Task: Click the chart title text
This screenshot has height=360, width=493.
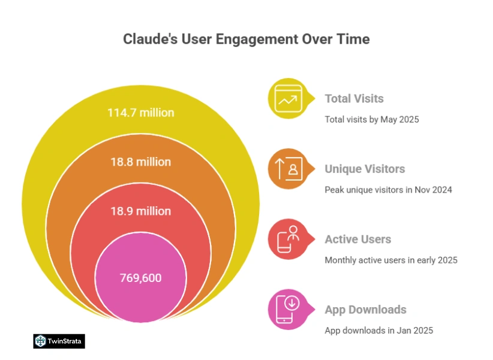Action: click(246, 40)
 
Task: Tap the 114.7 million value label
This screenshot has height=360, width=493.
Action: click(140, 112)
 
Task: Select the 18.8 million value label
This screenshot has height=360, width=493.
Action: click(140, 162)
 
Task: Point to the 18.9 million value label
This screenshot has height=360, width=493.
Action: click(140, 211)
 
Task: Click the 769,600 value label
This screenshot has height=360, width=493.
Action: click(140, 278)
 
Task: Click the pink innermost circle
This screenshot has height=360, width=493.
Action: click(140, 294)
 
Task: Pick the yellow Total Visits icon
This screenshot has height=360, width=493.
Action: click(288, 98)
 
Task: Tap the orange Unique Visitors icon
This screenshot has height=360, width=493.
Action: click(288, 169)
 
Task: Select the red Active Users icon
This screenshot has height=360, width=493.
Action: click(288, 239)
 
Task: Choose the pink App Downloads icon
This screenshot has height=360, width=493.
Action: click(288, 310)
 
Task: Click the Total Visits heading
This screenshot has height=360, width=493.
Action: click(354, 98)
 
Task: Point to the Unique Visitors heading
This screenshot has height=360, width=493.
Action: click(365, 169)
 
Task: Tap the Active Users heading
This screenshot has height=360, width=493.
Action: click(357, 239)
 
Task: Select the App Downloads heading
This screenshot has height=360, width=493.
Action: click(365, 310)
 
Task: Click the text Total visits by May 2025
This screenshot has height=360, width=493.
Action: click(371, 119)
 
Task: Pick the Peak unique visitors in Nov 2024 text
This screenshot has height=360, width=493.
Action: click(388, 190)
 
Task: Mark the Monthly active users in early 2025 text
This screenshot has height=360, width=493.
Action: click(390, 260)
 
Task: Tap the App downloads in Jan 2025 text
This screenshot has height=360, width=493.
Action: click(378, 331)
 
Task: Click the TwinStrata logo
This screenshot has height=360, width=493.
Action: click(59, 341)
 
